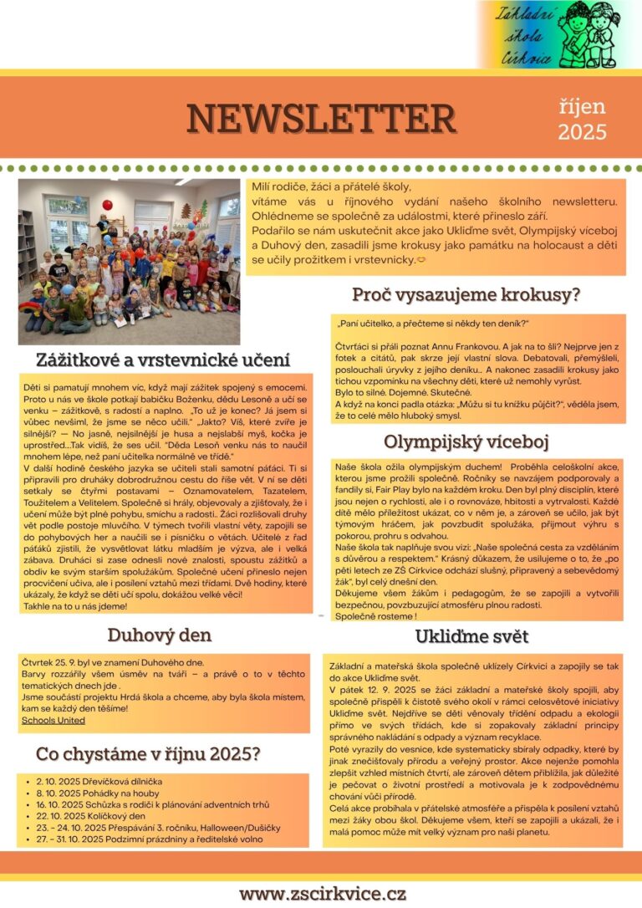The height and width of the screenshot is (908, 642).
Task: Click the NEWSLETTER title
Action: pyautogui.click(x=321, y=118)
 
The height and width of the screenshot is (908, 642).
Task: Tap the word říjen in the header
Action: pyautogui.click(x=582, y=106)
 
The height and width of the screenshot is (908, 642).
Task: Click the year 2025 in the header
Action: pyautogui.click(x=582, y=131)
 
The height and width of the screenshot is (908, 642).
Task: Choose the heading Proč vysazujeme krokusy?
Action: pyautogui.click(x=466, y=294)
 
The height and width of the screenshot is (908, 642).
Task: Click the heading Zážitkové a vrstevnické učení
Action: pyautogui.click(x=163, y=360)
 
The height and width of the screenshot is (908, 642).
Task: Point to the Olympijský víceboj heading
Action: pyautogui.click(x=466, y=441)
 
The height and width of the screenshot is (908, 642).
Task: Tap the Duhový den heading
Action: pyautogui.click(x=159, y=635)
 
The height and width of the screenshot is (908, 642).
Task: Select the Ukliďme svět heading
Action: pyautogui.click(x=471, y=636)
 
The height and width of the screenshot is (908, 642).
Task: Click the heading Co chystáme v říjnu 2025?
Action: pyautogui.click(x=148, y=754)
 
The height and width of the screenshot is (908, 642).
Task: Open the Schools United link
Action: pyautogui.click(x=53, y=720)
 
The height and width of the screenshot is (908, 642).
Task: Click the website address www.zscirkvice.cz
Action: pyautogui.click(x=323, y=893)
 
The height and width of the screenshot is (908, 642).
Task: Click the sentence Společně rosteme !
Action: pyautogui.click(x=376, y=615)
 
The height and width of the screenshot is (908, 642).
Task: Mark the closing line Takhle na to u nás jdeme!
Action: pyautogui.click(x=75, y=605)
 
